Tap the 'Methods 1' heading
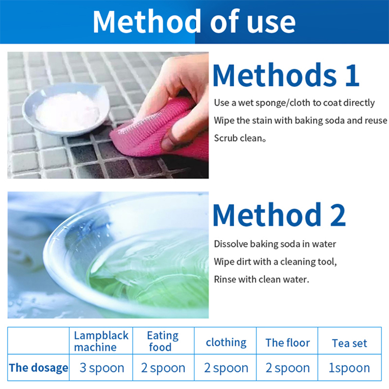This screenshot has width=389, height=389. [286, 75]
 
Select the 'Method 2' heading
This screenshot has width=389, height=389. [279, 214]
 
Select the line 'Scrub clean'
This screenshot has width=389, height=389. [240, 138]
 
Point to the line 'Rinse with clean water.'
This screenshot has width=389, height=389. [262, 279]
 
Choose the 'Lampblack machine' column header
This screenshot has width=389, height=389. [101, 341]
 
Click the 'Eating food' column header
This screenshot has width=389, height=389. [163, 341]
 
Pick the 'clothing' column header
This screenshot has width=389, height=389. [226, 343]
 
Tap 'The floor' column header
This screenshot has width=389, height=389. [287, 343]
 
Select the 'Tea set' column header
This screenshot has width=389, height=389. [349, 343]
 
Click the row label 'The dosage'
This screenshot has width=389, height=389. [38, 368]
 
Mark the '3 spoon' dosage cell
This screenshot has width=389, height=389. [102, 368]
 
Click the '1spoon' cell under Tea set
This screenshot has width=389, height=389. [349, 368]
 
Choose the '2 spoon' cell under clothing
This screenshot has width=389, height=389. [226, 368]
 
